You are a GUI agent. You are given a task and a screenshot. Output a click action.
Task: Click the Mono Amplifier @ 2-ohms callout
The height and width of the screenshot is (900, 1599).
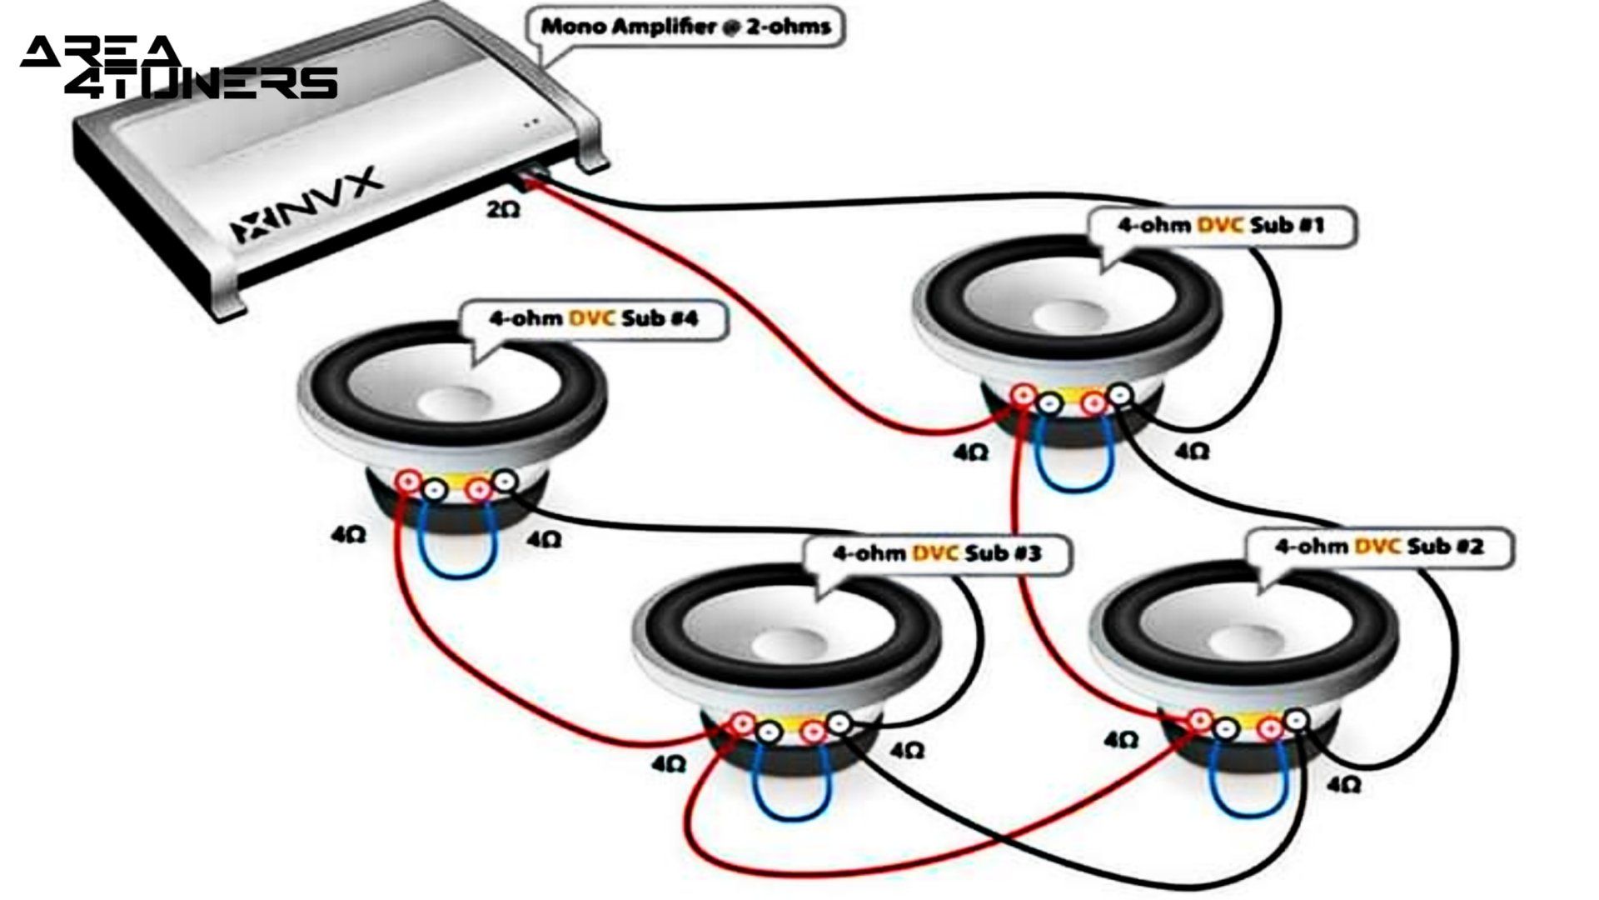[x=685, y=27]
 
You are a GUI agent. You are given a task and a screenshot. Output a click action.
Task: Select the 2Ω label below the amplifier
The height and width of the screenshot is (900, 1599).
[x=503, y=210]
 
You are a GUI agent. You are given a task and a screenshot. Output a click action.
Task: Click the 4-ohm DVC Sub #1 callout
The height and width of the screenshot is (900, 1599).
[x=1220, y=225]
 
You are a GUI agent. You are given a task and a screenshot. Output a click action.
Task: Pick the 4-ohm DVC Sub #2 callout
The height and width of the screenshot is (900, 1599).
[x=1378, y=547]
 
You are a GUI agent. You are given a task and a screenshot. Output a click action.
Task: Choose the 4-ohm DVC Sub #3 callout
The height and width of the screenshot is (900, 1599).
[x=936, y=553]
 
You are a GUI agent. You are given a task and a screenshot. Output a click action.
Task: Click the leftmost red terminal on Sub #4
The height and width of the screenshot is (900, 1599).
[x=409, y=482]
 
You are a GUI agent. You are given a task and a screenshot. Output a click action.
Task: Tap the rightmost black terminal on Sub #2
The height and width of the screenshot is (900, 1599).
[x=1297, y=720]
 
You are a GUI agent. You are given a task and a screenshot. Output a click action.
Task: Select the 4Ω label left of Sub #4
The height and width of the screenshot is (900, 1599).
[x=347, y=536]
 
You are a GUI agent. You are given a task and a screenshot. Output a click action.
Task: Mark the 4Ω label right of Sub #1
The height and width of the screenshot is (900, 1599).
[x=1191, y=451]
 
